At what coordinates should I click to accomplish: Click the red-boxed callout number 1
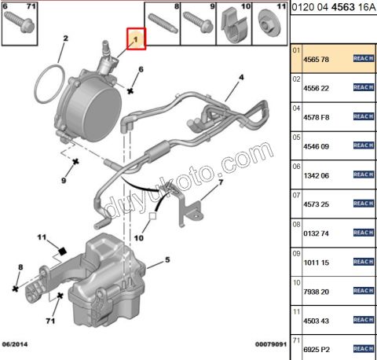tap(136, 38)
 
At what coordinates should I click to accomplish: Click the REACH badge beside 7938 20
tap(362, 292)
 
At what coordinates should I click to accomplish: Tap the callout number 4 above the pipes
tap(242, 77)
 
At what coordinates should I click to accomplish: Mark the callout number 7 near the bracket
tap(221, 182)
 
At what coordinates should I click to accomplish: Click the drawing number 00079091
tap(266, 343)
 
